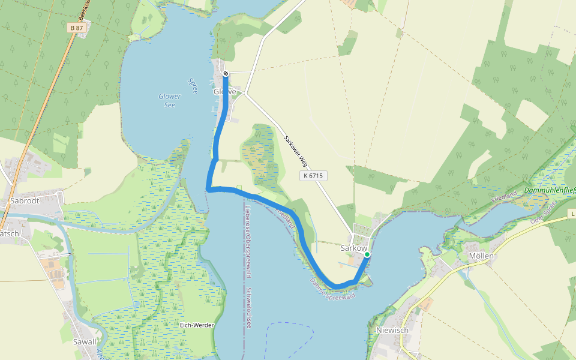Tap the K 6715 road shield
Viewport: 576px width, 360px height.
click(313, 176)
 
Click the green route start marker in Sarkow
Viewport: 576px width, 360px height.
click(367, 254)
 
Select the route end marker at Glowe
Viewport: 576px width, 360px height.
click(226, 73)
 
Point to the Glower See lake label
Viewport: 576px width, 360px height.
click(169, 100)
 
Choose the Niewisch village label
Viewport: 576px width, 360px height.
click(392, 330)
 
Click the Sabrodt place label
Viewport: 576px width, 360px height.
click(25, 201)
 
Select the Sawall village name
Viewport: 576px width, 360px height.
click(83, 342)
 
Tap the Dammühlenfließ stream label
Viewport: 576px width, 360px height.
click(549, 190)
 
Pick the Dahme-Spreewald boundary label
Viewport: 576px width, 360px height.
click(333, 290)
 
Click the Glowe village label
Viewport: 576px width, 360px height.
click(225, 92)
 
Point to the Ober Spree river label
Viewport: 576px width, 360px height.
click(544, 215)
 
